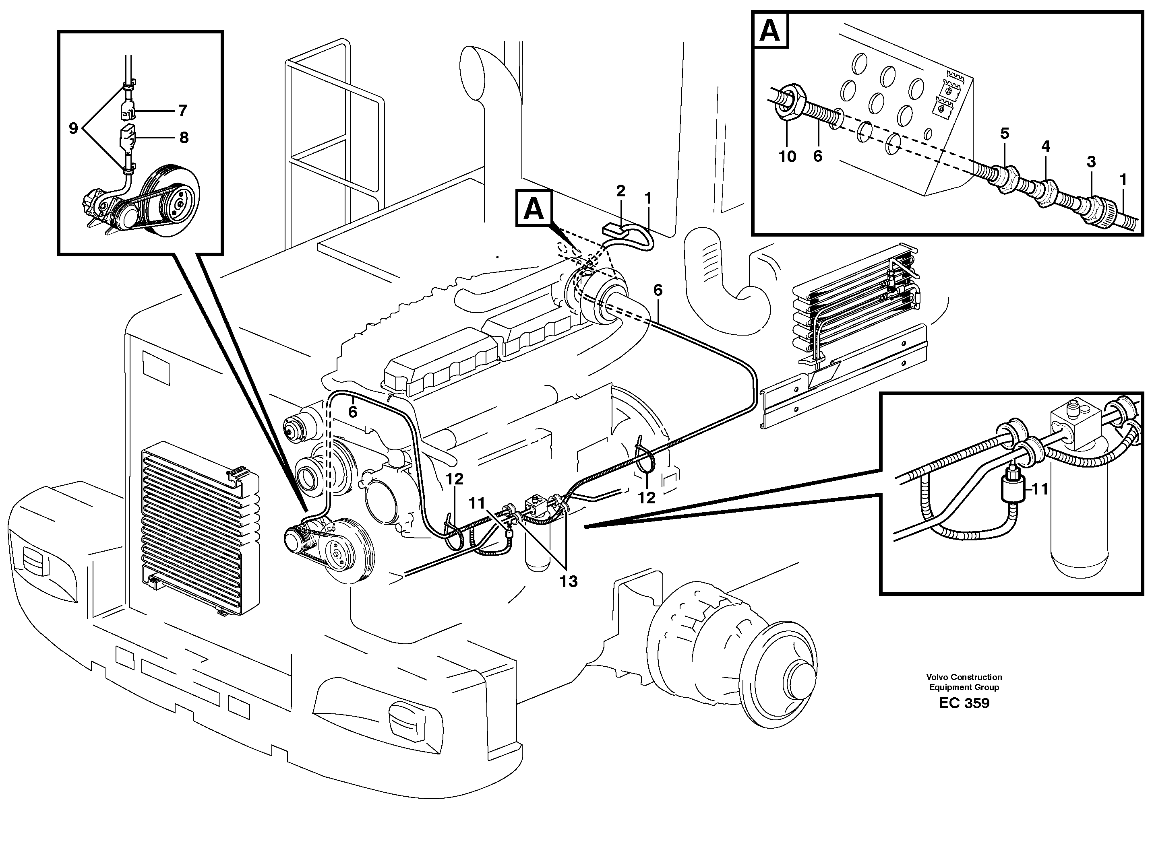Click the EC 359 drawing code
964,703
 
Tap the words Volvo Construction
964,677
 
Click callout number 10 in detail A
787,157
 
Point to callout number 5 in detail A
1004,134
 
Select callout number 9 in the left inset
73,128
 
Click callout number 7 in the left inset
182,111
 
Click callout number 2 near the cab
620,191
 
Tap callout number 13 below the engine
568,581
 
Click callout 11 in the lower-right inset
1040,488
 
